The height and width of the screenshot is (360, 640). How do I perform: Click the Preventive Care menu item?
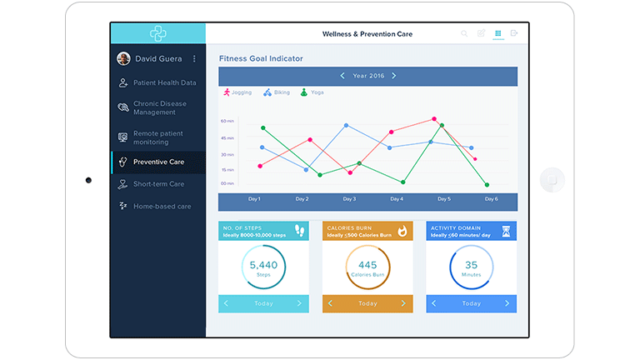pyautogui.click(x=158, y=162)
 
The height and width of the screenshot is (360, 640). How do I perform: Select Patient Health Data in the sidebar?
pyautogui.click(x=164, y=82)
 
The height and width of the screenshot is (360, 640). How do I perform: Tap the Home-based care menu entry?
pyautogui.click(x=162, y=206)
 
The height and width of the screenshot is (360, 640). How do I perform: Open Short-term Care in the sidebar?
pyautogui.click(x=158, y=184)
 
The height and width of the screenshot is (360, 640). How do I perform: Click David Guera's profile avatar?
pyautogui.click(x=123, y=58)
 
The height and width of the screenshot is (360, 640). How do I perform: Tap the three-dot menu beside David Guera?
pyautogui.click(x=194, y=59)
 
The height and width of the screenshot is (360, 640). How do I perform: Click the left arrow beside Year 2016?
pyautogui.click(x=342, y=76)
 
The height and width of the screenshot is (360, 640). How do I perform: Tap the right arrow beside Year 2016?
pyautogui.click(x=394, y=76)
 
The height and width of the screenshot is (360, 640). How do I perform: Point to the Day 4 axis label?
pyautogui.click(x=397, y=199)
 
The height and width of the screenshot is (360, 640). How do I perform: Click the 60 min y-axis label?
pyautogui.click(x=227, y=121)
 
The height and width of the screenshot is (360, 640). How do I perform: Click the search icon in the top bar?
pyautogui.click(x=464, y=33)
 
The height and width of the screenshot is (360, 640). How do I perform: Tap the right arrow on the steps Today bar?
pyautogui.click(x=299, y=303)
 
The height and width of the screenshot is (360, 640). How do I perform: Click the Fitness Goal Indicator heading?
pyautogui.click(x=261, y=58)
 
